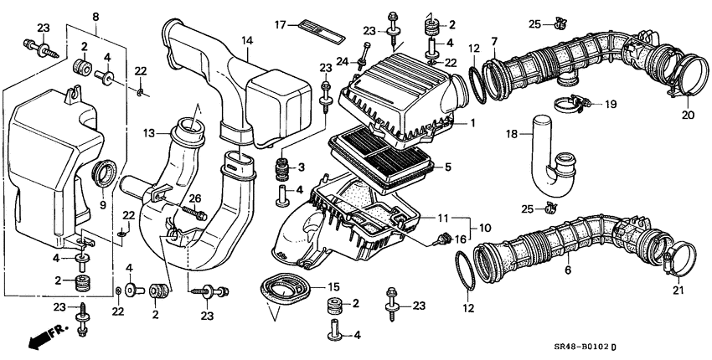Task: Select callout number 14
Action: (x=246, y=40)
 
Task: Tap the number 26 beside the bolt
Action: (x=196, y=198)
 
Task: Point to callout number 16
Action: (x=459, y=239)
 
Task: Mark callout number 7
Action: (x=494, y=42)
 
